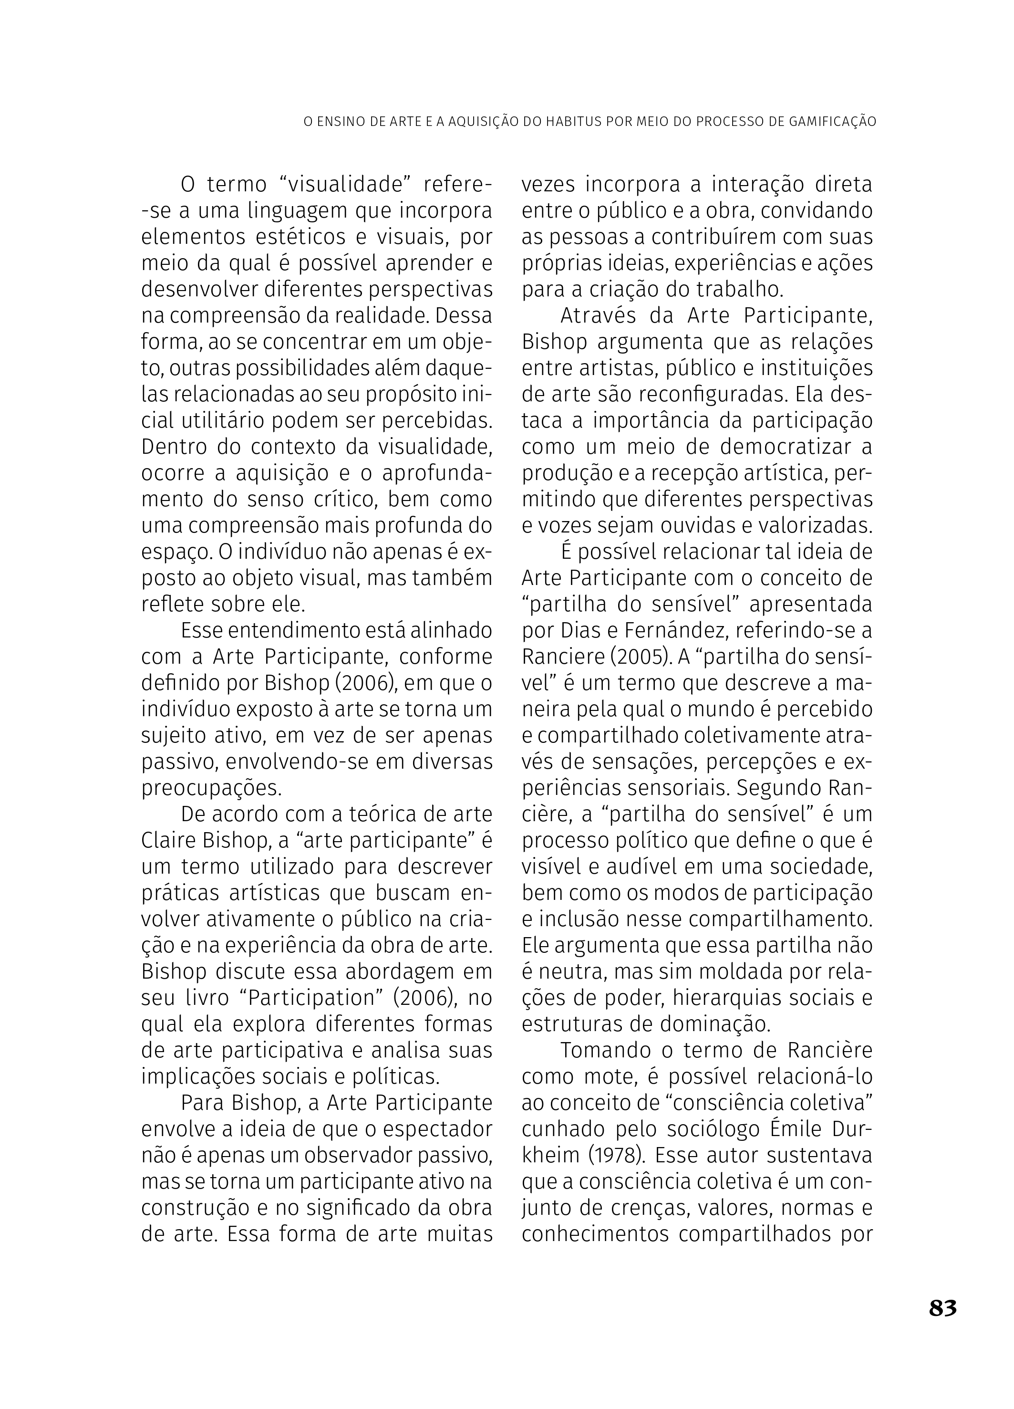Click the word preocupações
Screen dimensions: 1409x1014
click(x=212, y=788)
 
